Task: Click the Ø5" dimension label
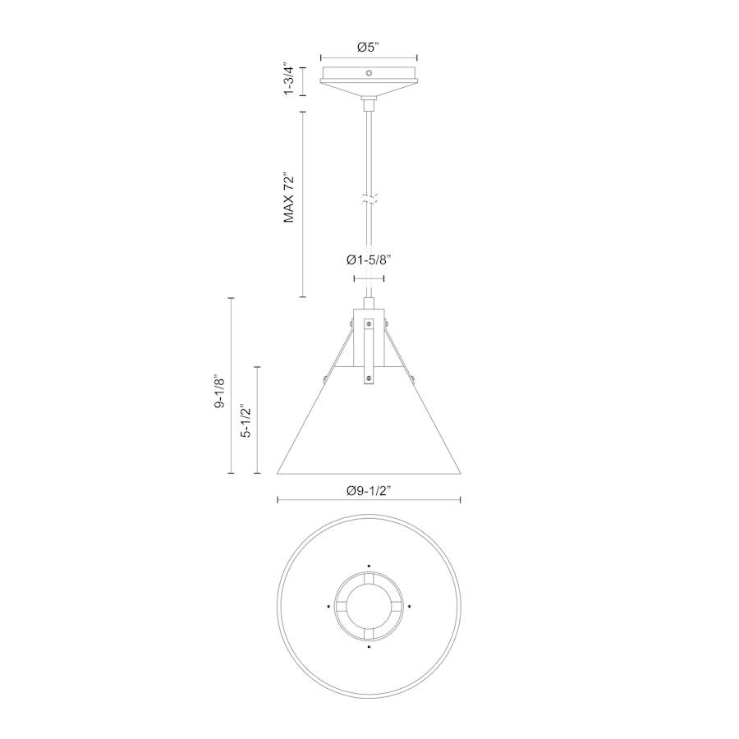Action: pos(369,47)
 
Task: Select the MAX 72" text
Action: pos(288,198)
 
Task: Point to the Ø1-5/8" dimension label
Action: pos(369,259)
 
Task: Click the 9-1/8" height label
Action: pos(218,392)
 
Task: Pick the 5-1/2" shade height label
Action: pos(246,420)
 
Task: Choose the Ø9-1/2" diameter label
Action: pos(369,490)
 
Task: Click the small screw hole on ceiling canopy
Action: pos(369,73)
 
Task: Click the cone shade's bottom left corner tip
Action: pos(278,474)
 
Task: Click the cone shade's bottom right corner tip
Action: pos(460,474)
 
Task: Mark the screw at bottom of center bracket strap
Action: pos(369,378)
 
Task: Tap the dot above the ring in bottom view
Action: pos(369,566)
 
